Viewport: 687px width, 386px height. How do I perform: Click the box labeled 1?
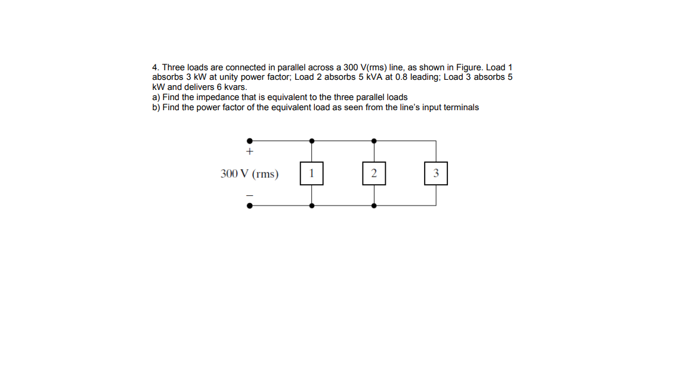311,173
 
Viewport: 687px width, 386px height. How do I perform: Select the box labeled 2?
374,173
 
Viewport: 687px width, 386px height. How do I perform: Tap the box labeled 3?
436,173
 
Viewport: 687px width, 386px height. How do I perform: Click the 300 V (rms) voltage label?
249,174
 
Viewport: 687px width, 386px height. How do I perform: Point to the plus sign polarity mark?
249,152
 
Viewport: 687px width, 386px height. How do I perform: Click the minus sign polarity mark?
249,195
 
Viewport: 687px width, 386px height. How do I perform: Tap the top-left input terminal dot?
249,141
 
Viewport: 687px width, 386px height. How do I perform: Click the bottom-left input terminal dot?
249,206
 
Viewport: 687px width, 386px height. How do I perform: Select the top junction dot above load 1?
311,141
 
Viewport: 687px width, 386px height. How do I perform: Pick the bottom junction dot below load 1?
311,206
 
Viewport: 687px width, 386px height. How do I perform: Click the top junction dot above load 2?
374,141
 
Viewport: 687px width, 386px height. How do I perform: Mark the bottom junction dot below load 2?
374,206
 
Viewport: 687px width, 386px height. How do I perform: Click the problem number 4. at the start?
156,67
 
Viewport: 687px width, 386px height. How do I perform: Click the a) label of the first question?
156,97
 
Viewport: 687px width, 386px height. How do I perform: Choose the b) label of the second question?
156,107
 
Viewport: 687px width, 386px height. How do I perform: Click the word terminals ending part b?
460,107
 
